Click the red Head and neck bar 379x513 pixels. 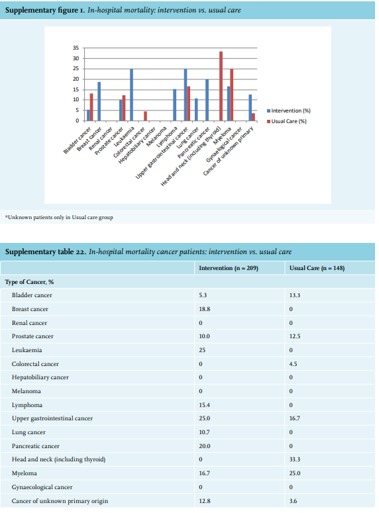click(x=221, y=86)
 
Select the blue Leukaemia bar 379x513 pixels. click(x=131, y=95)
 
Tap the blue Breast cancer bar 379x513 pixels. click(x=99, y=101)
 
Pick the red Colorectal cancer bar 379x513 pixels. click(x=146, y=116)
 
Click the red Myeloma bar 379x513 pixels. click(x=232, y=95)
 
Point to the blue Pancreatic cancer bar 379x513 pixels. click(x=207, y=100)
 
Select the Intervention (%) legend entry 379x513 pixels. click(x=289, y=111)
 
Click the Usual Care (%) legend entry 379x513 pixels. click(x=287, y=121)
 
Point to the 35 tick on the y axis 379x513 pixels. click(x=76, y=48)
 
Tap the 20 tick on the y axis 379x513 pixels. click(x=76, y=79)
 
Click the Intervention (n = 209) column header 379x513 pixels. click(x=229, y=268)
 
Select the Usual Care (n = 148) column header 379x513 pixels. click(x=317, y=268)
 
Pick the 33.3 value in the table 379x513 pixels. click(x=294, y=459)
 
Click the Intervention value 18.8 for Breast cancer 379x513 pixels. click(x=204, y=309)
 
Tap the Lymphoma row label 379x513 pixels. click(x=27, y=405)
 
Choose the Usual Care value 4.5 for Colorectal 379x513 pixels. click(x=293, y=364)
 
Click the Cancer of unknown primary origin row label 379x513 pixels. click(x=60, y=501)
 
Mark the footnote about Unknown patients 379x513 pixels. click(x=59, y=217)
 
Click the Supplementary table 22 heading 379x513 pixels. click(x=148, y=252)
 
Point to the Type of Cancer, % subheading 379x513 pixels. click(x=29, y=282)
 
